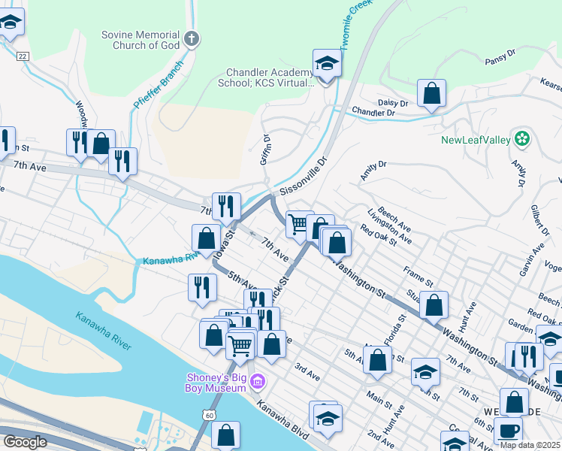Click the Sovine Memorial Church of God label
141,41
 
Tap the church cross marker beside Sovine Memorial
192,39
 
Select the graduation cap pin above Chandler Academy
327,63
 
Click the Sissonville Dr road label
304,177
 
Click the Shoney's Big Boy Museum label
217,383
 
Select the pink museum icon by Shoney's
258,383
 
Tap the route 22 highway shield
23,56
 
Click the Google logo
26,442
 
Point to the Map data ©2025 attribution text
530,445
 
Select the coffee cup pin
508,431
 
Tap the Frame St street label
418,280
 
